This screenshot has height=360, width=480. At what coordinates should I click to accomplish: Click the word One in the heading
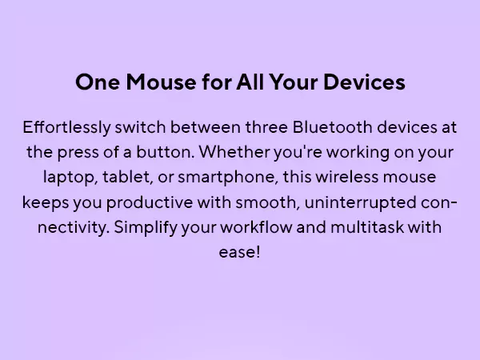(x=98, y=82)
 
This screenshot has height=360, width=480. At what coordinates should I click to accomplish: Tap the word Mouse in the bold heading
(x=161, y=82)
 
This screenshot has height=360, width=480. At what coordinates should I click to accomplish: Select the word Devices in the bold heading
(x=364, y=82)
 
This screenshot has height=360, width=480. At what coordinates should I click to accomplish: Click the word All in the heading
(x=250, y=82)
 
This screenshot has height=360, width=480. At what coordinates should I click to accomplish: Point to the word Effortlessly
(x=66, y=127)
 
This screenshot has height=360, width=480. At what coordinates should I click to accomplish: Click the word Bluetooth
(x=333, y=126)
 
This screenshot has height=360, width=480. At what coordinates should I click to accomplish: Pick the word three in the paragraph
(x=266, y=126)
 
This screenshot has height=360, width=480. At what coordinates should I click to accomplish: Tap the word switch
(x=140, y=126)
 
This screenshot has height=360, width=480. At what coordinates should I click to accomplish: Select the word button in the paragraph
(x=166, y=152)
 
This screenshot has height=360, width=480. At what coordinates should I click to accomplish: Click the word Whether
(x=234, y=152)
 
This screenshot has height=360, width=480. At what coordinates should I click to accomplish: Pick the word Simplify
(x=146, y=228)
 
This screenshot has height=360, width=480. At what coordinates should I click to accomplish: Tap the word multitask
(x=367, y=227)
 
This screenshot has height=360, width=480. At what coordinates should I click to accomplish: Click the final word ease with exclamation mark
(x=239, y=252)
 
